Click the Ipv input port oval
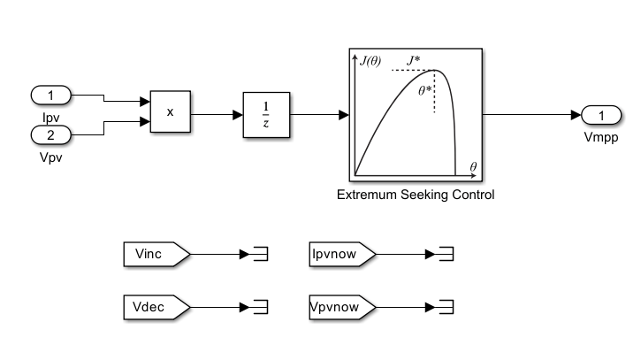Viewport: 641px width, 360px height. [x=50, y=95]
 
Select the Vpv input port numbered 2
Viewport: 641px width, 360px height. [x=50, y=135]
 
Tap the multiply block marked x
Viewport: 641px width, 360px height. [x=170, y=112]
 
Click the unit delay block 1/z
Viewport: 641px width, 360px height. [x=267, y=114]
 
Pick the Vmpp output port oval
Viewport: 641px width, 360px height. [x=600, y=114]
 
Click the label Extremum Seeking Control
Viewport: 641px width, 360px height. [x=415, y=195]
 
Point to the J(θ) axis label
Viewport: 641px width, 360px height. [x=371, y=60]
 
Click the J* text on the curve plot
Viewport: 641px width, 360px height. [x=413, y=60]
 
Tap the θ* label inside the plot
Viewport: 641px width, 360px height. [x=424, y=88]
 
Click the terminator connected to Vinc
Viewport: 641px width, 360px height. [x=260, y=255]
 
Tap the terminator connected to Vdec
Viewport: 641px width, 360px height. [x=260, y=307]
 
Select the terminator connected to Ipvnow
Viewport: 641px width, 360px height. [x=447, y=255]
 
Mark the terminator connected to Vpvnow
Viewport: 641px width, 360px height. [x=447, y=307]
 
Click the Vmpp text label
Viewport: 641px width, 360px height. [x=600, y=139]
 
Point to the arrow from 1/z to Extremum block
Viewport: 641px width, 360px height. [x=319, y=114]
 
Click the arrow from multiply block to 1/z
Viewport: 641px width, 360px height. [x=217, y=114]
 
